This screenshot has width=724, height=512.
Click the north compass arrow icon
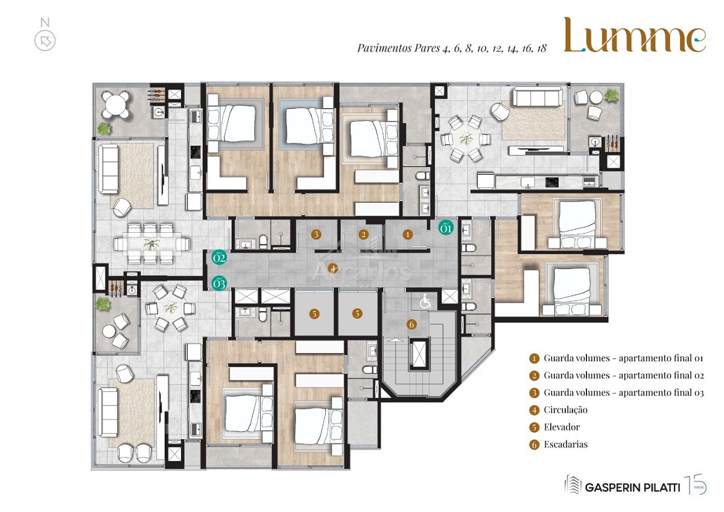(x=45, y=41)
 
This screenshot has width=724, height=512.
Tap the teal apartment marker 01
(x=446, y=227)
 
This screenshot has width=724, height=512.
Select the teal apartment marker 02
(x=219, y=257)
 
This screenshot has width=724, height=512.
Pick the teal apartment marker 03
(x=219, y=283)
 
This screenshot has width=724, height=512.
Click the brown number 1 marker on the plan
(x=408, y=235)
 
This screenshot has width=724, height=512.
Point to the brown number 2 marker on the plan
(x=363, y=235)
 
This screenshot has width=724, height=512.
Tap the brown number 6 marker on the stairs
(x=412, y=324)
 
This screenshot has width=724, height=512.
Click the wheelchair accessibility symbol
(x=425, y=302)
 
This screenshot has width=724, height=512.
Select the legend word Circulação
(x=565, y=410)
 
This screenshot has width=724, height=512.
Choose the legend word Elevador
(x=561, y=427)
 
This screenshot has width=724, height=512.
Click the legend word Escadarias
(x=565, y=445)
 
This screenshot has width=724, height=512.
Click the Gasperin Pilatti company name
(x=632, y=487)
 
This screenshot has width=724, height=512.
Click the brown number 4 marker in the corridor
(x=332, y=269)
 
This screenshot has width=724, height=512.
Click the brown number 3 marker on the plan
(x=316, y=235)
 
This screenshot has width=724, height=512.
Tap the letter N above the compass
(x=45, y=23)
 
